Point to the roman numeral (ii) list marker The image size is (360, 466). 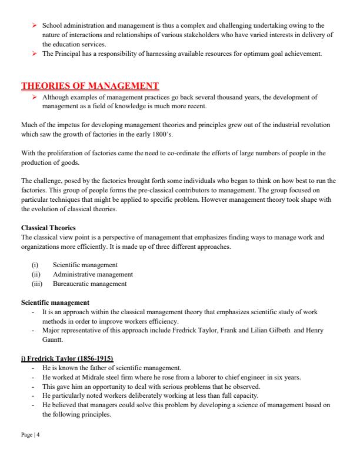coord(36,274)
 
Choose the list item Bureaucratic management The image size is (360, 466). coord(89,283)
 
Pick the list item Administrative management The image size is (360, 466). coord(92,274)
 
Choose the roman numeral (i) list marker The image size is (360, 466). coord(35,265)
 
